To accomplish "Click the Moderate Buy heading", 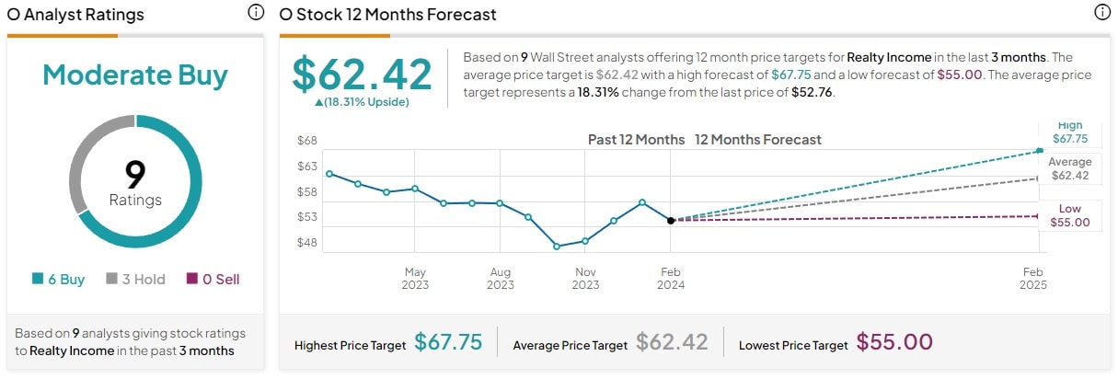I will [x=135, y=75].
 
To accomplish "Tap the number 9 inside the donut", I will [x=135, y=173].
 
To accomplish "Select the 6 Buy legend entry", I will [x=58, y=279].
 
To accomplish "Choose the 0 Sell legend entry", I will [x=213, y=279].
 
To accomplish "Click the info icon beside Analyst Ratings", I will [x=256, y=13].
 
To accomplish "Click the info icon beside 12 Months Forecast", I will [x=1101, y=13].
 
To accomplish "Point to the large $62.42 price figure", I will [x=362, y=75].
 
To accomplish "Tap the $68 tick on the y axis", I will [x=306, y=141].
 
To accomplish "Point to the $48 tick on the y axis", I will [x=306, y=243].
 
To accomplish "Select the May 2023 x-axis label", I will [x=415, y=278].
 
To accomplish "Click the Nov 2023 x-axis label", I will [x=585, y=278].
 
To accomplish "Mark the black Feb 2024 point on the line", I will [x=671, y=221].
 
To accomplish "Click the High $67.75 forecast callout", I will [x=1069, y=132].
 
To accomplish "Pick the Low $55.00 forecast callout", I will [x=1069, y=215].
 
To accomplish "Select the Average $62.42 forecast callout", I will [x=1069, y=168].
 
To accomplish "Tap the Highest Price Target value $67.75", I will [x=448, y=343].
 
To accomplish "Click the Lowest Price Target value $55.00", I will [x=894, y=343].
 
